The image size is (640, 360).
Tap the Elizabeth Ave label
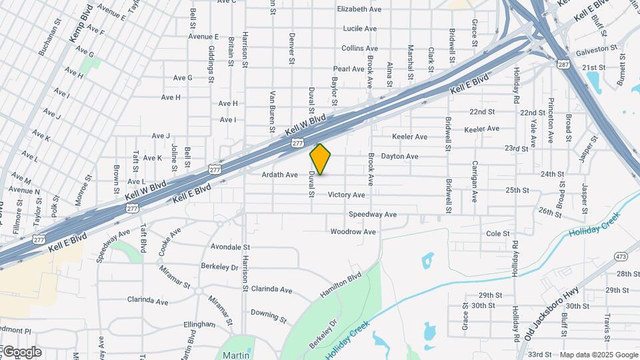[359, 9]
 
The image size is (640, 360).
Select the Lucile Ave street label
[360, 29]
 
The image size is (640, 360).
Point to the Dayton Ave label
[399, 156]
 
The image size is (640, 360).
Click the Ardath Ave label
[280, 175]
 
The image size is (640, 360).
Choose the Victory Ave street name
[347, 195]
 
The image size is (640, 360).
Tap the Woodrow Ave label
[353, 232]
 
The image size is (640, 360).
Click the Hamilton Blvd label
[340, 285]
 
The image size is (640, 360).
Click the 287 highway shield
[563, 64]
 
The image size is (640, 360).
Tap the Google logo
[21, 352]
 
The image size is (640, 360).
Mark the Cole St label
[498, 233]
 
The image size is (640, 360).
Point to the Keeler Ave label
[482, 129]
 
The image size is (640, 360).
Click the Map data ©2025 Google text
[598, 355]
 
